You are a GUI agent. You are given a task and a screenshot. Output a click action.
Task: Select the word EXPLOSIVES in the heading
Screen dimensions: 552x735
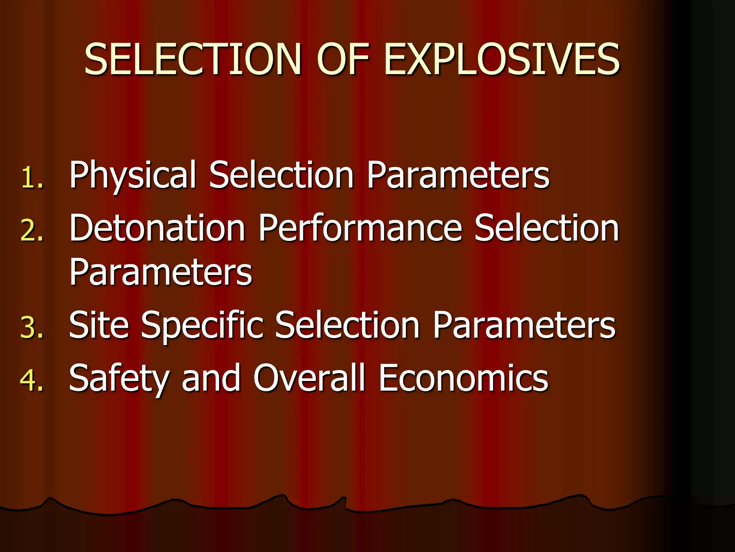[x=502, y=59]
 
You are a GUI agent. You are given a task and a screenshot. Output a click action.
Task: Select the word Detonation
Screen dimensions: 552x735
[x=157, y=228]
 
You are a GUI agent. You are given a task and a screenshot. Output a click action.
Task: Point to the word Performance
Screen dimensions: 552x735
[x=360, y=228]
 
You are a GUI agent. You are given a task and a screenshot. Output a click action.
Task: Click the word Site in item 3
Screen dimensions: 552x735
[x=99, y=325]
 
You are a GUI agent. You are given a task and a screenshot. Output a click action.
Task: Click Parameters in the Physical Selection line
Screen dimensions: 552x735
[x=458, y=175]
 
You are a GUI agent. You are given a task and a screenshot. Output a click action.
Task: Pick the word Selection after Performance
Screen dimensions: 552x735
[x=547, y=228]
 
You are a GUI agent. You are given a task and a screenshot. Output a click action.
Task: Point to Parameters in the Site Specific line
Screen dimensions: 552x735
[x=524, y=325]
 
